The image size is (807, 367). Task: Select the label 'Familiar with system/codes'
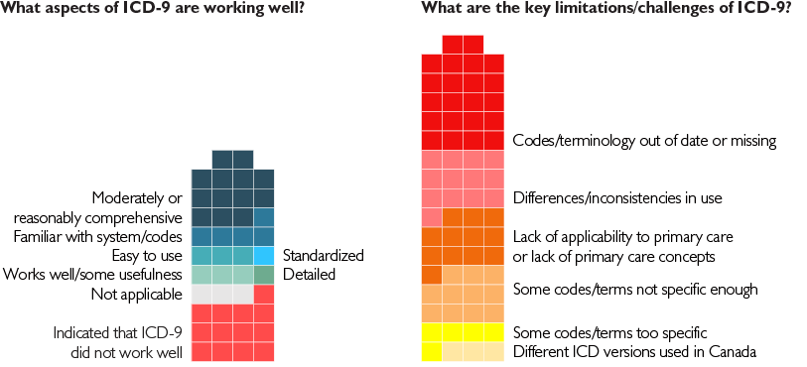[x=97, y=236]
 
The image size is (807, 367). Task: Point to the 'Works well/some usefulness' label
[x=92, y=275]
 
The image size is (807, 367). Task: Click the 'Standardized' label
[x=323, y=255]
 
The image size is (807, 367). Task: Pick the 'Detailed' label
[x=310, y=275]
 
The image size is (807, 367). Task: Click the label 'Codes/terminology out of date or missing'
[x=644, y=141]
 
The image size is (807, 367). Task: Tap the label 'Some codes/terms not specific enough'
[x=635, y=290]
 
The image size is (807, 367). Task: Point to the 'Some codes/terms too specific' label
[x=609, y=331]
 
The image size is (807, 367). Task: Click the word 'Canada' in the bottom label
[x=734, y=351]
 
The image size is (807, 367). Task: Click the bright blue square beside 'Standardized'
[x=264, y=256]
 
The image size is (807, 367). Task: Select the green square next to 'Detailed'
[x=264, y=275]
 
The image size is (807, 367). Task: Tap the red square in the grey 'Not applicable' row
[x=264, y=294]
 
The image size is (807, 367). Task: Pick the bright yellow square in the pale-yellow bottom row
[x=432, y=351]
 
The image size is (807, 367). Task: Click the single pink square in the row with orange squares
[x=432, y=217]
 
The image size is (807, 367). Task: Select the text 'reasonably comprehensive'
[x=97, y=217]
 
